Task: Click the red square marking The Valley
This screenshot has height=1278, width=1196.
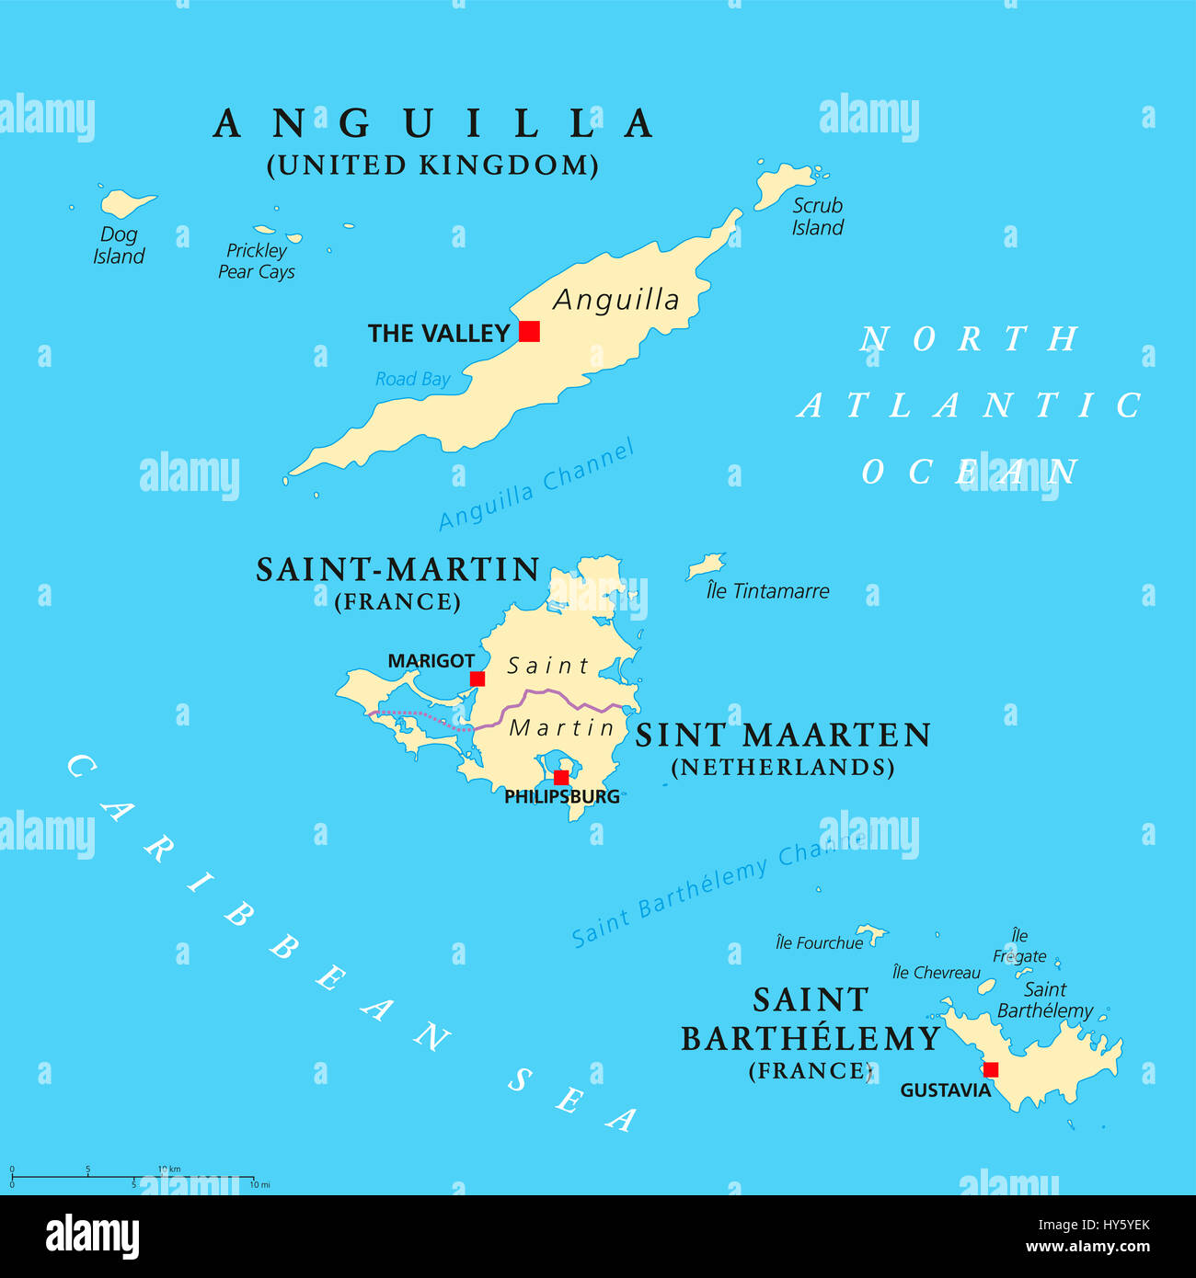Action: pos(529,331)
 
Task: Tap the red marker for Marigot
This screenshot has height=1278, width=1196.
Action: pos(477,679)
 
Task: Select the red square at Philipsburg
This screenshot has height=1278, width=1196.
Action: pos(560,777)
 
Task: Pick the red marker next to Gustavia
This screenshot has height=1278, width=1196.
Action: pos(991,1069)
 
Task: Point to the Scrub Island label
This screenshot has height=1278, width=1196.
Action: pos(817,217)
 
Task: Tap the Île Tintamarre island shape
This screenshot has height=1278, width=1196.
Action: pos(706,565)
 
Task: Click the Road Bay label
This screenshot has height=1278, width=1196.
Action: pos(412,379)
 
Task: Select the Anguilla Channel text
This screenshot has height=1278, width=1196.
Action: pos(536,485)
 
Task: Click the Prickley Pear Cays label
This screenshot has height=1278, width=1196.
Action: pos(257,261)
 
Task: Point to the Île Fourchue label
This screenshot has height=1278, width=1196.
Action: pos(819,942)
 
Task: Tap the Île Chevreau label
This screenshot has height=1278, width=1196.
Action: pos(936,973)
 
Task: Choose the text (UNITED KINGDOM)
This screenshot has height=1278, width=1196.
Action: pos(432,165)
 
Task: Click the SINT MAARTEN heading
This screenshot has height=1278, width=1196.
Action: pos(783,736)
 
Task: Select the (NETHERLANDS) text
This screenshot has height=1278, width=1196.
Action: pos(783,768)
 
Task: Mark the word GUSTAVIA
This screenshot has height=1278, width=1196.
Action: pos(945,1090)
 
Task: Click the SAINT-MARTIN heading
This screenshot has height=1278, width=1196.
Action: pos(397,570)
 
